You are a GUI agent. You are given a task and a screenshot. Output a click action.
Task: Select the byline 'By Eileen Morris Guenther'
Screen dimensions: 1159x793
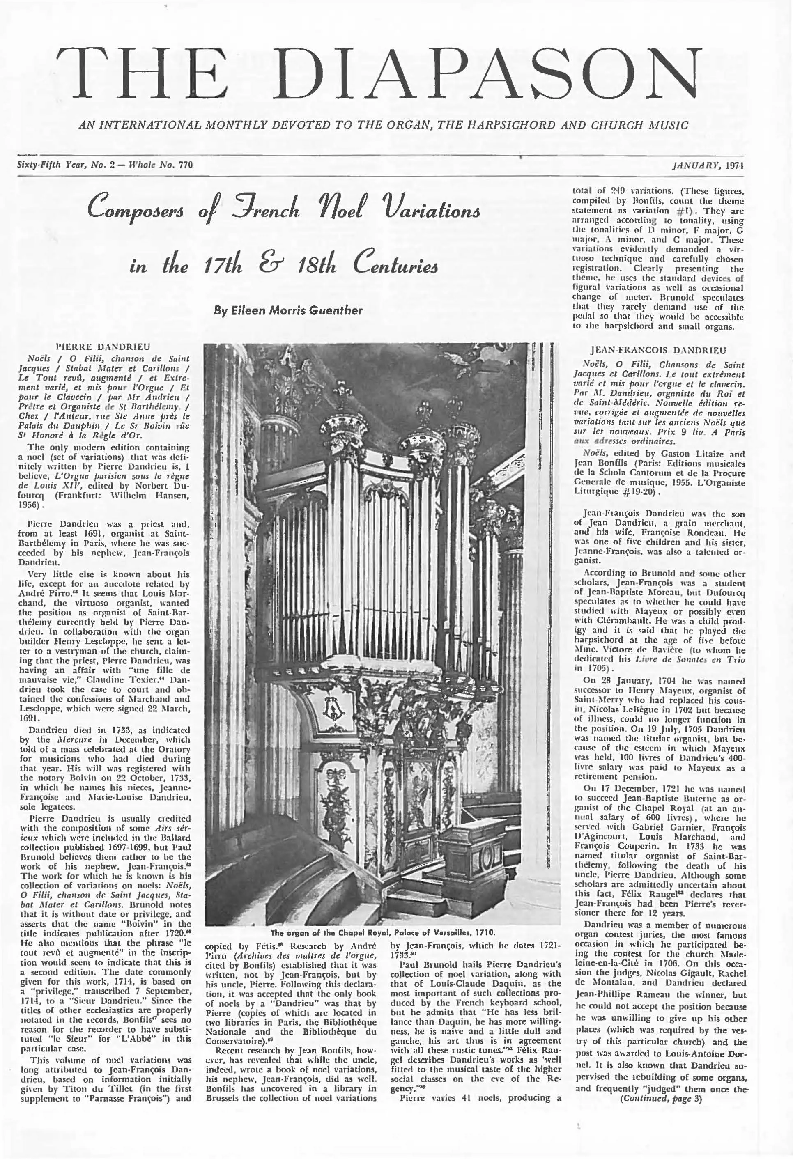click(288, 310)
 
